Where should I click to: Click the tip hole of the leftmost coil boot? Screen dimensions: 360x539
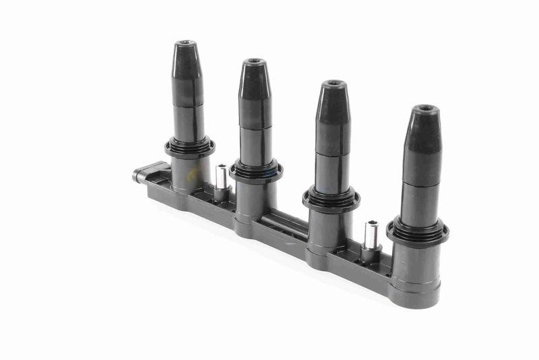click(x=184, y=44)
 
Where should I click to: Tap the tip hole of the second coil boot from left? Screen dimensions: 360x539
click(x=254, y=63)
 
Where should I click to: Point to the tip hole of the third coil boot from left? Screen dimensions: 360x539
click(x=333, y=84)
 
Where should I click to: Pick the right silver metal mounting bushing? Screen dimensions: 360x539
click(x=370, y=237)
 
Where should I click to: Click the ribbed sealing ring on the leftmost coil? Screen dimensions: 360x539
click(x=189, y=147)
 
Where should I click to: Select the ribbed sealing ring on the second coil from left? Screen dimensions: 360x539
click(x=256, y=170)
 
